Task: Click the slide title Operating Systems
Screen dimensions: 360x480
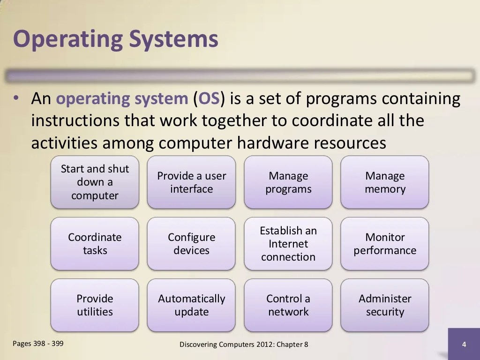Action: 115,39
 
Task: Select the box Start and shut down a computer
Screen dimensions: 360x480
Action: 95,182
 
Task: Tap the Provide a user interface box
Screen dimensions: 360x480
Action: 191,182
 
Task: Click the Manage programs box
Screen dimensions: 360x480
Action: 288,182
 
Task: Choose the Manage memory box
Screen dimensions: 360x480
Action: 385,182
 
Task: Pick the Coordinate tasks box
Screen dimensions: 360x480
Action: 95,244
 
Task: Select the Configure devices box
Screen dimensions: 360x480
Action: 191,244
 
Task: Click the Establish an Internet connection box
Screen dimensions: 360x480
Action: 288,244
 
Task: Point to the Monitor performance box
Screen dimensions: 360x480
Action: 385,244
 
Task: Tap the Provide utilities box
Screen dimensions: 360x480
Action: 95,305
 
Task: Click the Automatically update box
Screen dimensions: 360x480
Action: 191,305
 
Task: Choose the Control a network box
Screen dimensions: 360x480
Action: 288,305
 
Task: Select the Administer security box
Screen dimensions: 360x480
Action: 385,305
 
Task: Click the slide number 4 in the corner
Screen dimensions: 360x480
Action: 464,345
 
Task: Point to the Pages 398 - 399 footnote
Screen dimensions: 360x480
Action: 38,344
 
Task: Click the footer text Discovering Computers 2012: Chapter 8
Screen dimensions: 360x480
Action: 244,345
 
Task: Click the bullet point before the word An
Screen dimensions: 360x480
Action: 16,99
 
